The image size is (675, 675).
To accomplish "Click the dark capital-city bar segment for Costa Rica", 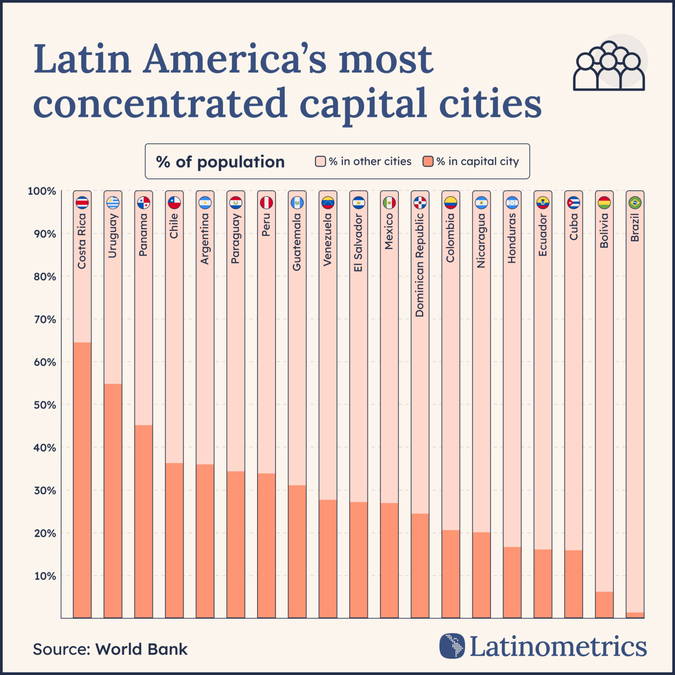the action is (x=82, y=480).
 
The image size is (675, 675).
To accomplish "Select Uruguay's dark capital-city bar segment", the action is (x=113, y=501).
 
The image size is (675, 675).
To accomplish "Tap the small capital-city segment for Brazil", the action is (x=635, y=615).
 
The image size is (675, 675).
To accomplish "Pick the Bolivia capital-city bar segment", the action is (x=604, y=605).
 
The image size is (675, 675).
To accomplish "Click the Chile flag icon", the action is (x=174, y=203).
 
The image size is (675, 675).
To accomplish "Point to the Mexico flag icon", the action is (x=389, y=203).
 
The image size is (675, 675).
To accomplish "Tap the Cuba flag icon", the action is (x=573, y=203).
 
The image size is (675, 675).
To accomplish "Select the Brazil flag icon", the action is (x=635, y=203).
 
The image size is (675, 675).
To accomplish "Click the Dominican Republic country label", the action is (x=420, y=265).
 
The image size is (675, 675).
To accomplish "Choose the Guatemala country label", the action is (x=297, y=242).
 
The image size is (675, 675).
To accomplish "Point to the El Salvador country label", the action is (x=359, y=243).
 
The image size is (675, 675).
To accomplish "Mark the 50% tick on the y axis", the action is (x=45, y=405).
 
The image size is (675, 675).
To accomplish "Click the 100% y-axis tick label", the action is (x=42, y=191).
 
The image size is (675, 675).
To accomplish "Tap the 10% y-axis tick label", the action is (x=45, y=576).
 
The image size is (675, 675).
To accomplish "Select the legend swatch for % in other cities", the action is (x=320, y=161).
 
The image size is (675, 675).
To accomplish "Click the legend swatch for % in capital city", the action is (x=428, y=161).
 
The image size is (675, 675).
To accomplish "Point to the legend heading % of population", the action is (x=220, y=162).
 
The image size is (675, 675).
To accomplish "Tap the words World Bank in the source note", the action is (x=142, y=649).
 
